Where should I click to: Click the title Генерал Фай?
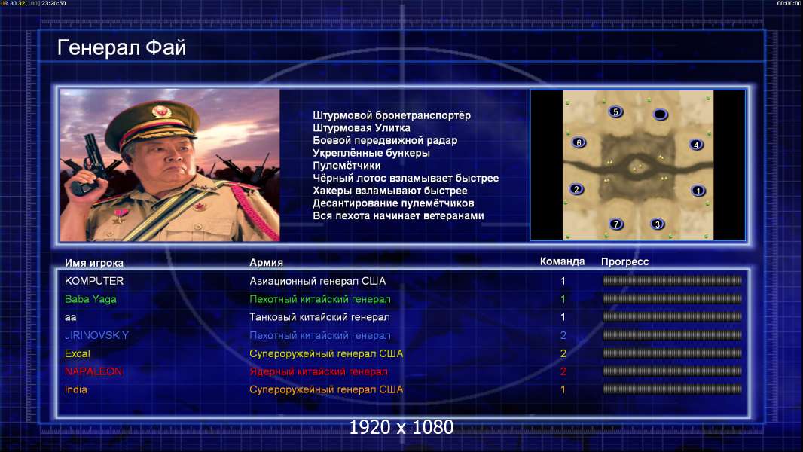[x=121, y=47]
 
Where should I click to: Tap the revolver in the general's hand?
[x=87, y=163]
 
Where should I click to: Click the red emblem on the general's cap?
[x=160, y=111]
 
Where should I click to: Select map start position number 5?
[x=615, y=111]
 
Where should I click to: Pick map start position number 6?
[x=579, y=143]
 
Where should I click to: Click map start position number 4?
[x=696, y=145]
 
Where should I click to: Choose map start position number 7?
[x=616, y=224]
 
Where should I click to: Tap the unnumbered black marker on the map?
[x=661, y=115]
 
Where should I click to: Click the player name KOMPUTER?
[x=94, y=281]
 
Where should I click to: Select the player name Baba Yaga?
[x=90, y=299]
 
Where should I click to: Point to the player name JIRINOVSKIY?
[x=96, y=335]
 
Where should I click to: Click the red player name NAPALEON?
[x=93, y=371]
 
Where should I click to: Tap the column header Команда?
[x=562, y=261]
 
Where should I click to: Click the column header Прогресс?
[x=624, y=261]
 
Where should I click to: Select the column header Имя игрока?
[x=94, y=263]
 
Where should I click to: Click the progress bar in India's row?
[x=672, y=389]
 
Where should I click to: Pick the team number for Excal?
[x=563, y=353]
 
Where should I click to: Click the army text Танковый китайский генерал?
[x=319, y=317]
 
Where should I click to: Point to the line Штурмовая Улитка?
[x=362, y=128]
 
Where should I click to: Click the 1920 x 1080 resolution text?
[x=401, y=427]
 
